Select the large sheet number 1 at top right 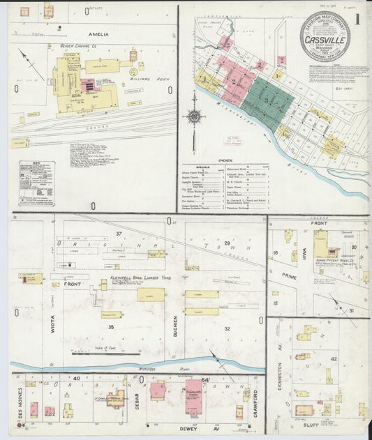pyautogui.click(x=357, y=20)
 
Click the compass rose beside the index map pyautogui.click(x=195, y=116)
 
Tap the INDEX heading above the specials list pyautogui.click(x=225, y=160)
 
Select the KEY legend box pyautogui.click(x=36, y=183)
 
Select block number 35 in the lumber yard pyautogui.click(x=110, y=326)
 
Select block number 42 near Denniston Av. pyautogui.click(x=334, y=359)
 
